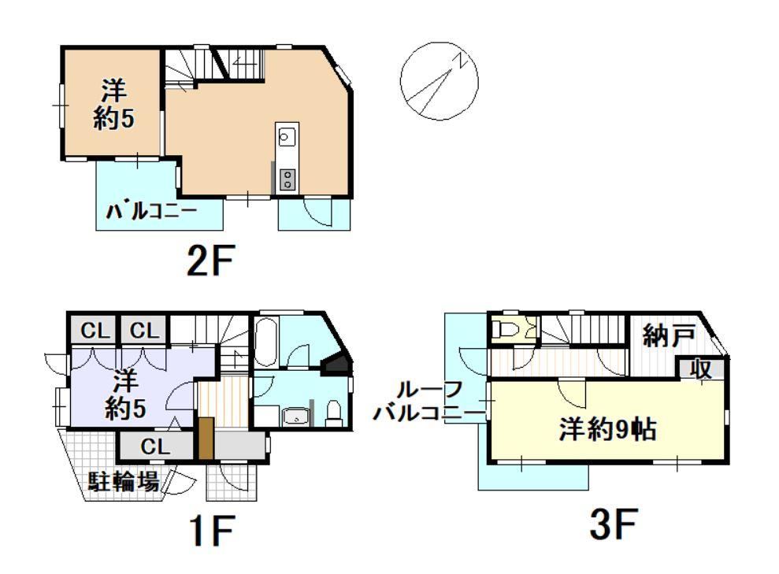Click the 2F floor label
210,261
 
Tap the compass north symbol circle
440,81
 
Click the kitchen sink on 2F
287,136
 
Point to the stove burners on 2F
287,180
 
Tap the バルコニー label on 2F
151,212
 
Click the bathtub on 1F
265,342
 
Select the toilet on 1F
334,413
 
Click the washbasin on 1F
296,417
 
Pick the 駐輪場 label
124,481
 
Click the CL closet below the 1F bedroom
155,446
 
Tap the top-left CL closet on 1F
95,330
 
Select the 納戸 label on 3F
669,337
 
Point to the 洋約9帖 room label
607,429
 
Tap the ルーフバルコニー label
428,402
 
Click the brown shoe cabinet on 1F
206,438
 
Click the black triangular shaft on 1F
338,365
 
